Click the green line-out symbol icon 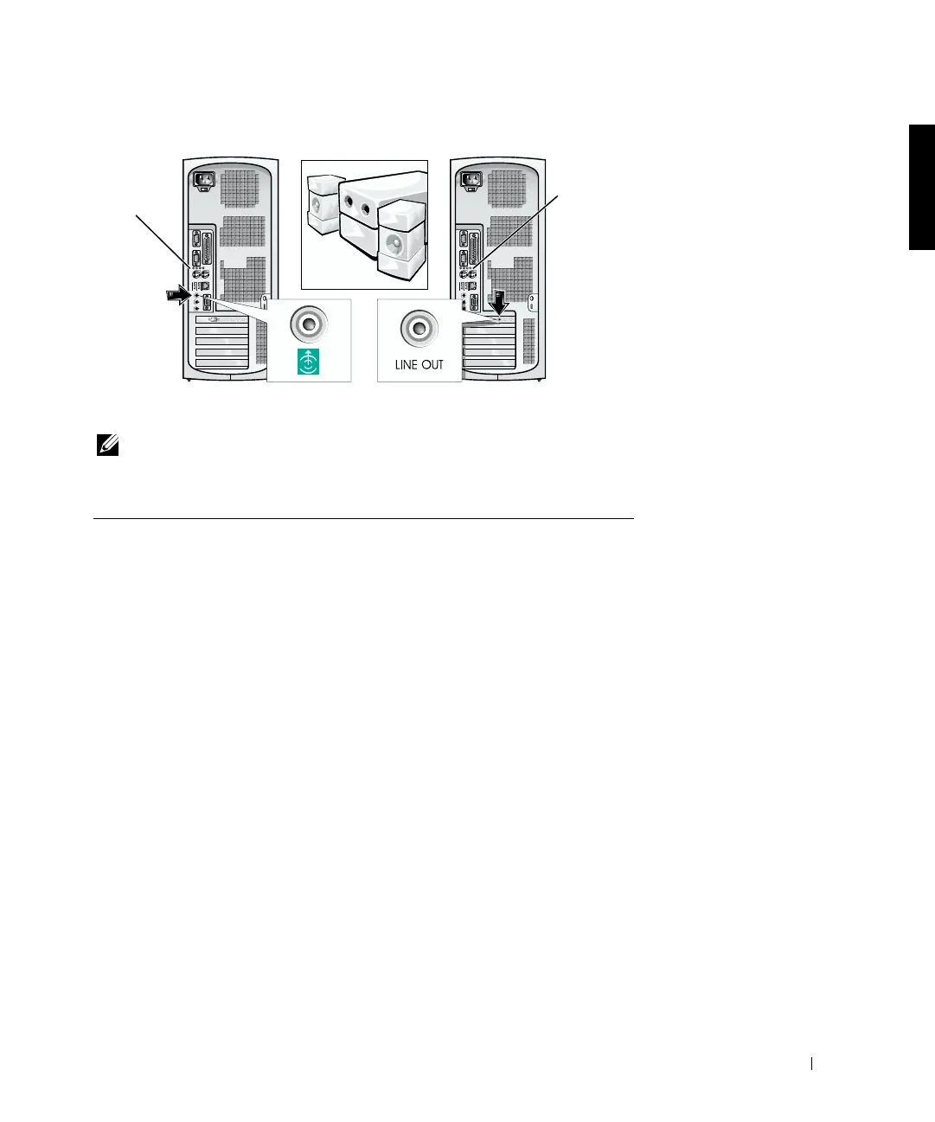coord(308,362)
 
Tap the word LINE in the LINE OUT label coord(406,365)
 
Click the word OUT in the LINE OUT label coord(432,365)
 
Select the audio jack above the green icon coord(308,325)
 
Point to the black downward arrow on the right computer coord(500,304)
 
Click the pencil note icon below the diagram coord(108,447)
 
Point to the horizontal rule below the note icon coord(363,519)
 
